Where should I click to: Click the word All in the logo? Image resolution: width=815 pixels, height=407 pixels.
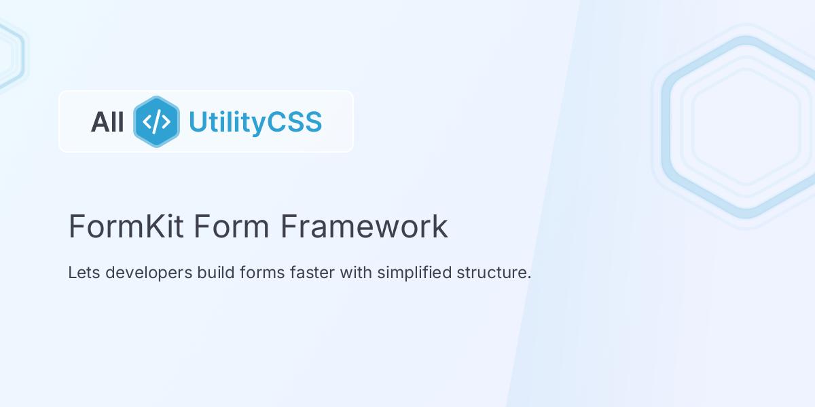click(107, 122)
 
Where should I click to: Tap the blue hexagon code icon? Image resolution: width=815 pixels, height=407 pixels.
click(156, 122)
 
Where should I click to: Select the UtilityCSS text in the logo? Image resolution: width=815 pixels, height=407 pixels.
click(255, 122)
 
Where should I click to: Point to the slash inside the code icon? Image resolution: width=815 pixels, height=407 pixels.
click(156, 122)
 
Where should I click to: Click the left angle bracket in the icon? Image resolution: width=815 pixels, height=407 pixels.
click(147, 122)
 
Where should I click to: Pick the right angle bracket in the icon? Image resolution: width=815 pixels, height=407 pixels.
click(166, 122)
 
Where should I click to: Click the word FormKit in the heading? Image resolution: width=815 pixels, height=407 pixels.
click(126, 227)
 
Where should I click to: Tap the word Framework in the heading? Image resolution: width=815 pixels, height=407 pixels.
click(364, 227)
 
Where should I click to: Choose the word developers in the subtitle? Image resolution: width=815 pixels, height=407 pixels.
click(149, 273)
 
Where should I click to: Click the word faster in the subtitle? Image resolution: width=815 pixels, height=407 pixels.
click(312, 273)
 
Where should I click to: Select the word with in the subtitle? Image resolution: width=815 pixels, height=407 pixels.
click(357, 273)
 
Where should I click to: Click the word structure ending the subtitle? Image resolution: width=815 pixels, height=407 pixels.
click(493, 273)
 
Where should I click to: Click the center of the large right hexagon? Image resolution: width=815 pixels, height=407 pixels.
click(746, 127)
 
